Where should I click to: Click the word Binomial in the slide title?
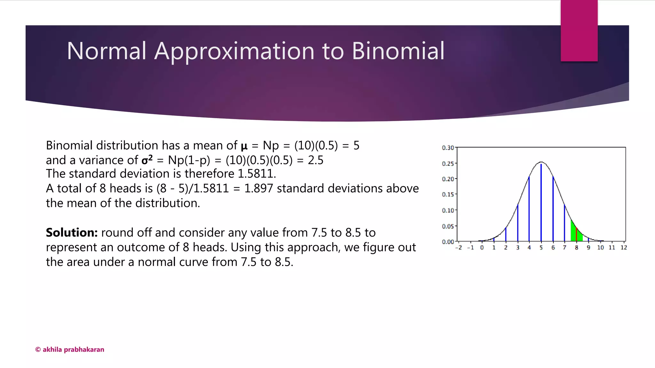pyautogui.click(x=398, y=51)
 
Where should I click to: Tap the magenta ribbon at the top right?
pyautogui.click(x=579, y=31)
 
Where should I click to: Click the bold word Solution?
pyautogui.click(x=72, y=233)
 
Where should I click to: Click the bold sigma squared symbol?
pyautogui.click(x=147, y=160)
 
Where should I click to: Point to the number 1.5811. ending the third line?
pyautogui.click(x=256, y=174)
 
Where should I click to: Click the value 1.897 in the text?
pyautogui.click(x=258, y=188)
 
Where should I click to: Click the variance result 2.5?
pyautogui.click(x=315, y=160)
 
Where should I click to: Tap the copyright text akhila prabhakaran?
pyautogui.click(x=70, y=349)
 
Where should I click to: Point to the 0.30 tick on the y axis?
pyautogui.click(x=448, y=148)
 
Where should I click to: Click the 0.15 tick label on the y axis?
pyautogui.click(x=448, y=195)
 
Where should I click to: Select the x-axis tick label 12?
pyautogui.click(x=624, y=248)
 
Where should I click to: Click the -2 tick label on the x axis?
pyautogui.click(x=459, y=248)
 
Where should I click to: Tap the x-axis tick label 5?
pyautogui.click(x=541, y=248)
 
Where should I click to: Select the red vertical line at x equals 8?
pyautogui.click(x=576, y=235)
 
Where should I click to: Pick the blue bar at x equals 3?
pyautogui.click(x=517, y=224)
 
